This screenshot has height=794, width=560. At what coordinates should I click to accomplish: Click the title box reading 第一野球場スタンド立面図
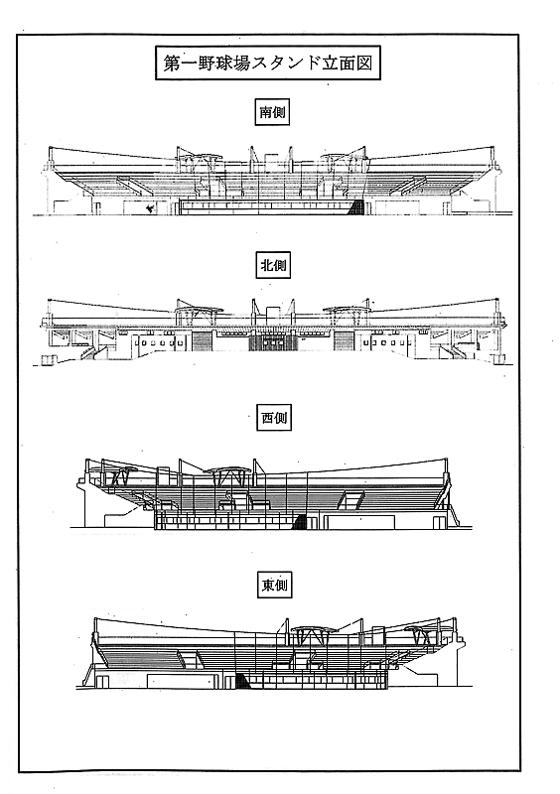[x=267, y=64]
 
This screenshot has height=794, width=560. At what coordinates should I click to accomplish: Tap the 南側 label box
[x=272, y=112]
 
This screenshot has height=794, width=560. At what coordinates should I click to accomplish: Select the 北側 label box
[x=273, y=265]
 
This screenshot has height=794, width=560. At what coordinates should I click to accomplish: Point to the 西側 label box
[x=274, y=418]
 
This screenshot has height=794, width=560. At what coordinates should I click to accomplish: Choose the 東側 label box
[x=275, y=586]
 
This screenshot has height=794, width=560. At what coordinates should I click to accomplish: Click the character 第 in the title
[x=172, y=64]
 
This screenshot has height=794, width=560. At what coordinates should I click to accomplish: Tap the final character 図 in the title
[x=363, y=64]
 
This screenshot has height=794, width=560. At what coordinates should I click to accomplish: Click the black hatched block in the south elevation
[x=357, y=206]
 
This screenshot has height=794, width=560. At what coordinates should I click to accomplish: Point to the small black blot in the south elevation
[x=149, y=208]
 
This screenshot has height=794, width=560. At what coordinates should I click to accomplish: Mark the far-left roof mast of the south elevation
[x=50, y=156]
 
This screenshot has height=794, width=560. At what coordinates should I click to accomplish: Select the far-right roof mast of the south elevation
[x=492, y=156]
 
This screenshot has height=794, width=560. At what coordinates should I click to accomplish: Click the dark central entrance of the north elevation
[x=273, y=341]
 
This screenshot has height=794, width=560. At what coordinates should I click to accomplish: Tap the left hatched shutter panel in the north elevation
[x=202, y=341]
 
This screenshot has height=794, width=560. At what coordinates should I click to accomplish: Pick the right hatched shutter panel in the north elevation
[x=344, y=341]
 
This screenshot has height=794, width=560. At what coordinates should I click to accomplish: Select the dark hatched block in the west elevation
[x=300, y=522]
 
